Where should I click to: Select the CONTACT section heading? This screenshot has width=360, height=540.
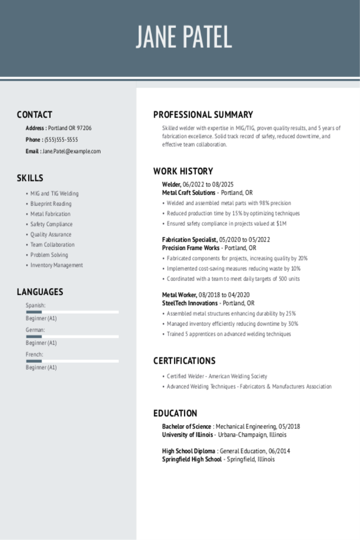tap(35, 115)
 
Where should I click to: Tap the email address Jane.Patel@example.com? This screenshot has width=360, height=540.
tap(71, 151)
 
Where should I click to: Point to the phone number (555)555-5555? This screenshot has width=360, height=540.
tap(61, 140)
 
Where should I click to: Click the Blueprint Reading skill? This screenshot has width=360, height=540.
tap(51, 204)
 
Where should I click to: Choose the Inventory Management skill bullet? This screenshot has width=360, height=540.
tap(57, 265)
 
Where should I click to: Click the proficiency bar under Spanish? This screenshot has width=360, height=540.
tap(72, 312)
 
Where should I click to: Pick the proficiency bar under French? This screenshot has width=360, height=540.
tap(72, 361)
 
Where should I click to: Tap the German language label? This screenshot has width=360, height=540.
tap(35, 330)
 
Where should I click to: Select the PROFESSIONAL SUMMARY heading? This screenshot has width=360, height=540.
tap(203, 115)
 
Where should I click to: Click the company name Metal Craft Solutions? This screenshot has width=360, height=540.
tap(188, 193)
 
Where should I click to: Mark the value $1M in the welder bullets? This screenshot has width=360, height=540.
tap(281, 224)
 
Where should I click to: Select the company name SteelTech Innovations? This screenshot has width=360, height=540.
tap(190, 303)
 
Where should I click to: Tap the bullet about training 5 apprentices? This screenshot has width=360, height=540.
tap(229, 334)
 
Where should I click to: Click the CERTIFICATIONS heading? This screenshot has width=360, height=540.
tap(184, 361)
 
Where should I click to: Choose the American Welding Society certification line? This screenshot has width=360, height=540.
tap(217, 376)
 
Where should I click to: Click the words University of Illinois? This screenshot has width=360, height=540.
tap(187, 435)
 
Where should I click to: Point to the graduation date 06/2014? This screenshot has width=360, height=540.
tap(279, 451)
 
